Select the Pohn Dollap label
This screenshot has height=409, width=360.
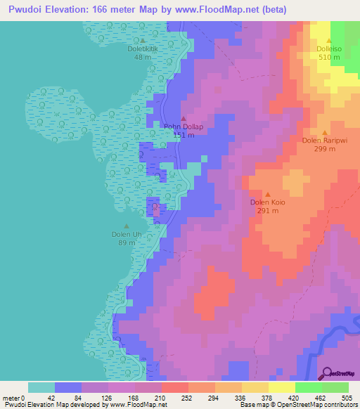coord(184,127)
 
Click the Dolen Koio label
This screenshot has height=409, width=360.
coord(268,202)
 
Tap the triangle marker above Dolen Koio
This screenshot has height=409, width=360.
coord(268,194)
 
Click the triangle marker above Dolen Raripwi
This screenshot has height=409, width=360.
coord(325,132)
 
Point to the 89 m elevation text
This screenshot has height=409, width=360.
coord(127,243)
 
